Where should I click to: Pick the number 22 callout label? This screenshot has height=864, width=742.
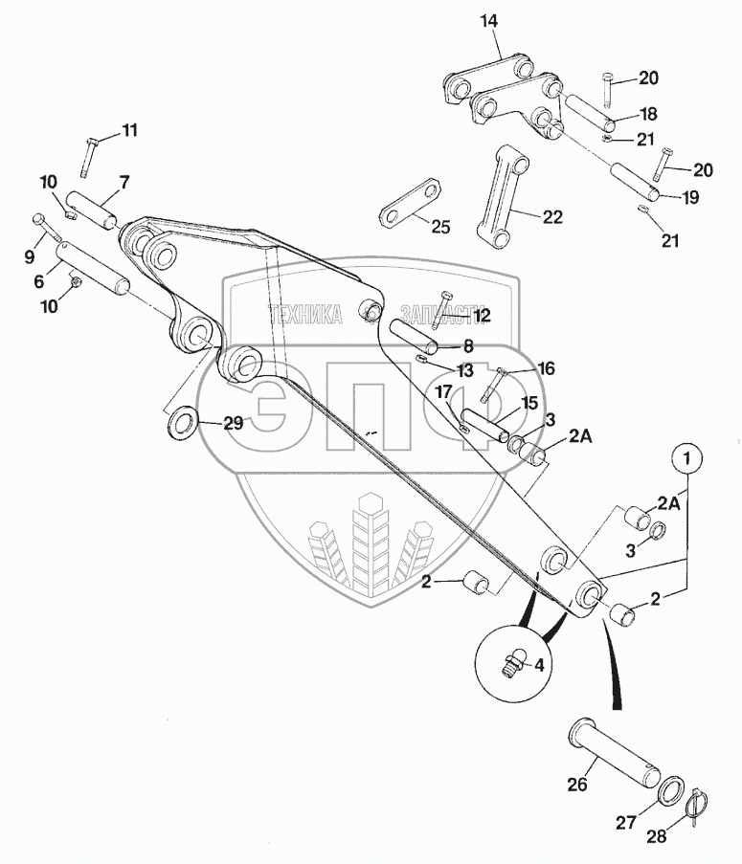553,217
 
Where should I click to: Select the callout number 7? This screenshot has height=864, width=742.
124,182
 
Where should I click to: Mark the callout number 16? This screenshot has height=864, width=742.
546,367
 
